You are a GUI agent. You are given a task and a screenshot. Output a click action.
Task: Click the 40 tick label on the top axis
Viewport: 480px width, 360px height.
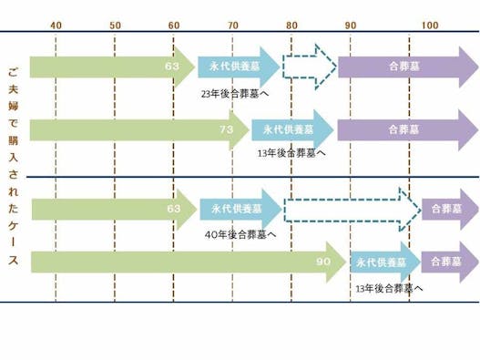[56, 24]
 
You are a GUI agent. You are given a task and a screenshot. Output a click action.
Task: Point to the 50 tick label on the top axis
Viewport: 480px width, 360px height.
[115, 24]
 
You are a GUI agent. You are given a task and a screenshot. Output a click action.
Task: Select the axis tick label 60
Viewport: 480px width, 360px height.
[174, 24]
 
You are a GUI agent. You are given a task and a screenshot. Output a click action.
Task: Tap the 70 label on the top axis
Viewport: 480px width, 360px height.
[232, 24]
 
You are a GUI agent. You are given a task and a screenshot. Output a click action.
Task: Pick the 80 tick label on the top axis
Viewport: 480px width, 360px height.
[291, 24]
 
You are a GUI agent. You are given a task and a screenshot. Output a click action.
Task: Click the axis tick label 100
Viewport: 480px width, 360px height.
[430, 24]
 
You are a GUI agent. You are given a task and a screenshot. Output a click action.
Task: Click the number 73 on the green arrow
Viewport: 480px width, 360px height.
[227, 130]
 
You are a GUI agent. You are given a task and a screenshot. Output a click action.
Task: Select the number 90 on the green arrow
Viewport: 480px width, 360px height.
[323, 262]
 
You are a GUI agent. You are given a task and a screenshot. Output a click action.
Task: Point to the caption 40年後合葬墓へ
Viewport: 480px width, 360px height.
[242, 234]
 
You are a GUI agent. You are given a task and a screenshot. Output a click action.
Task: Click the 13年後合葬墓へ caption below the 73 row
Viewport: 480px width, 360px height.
[291, 153]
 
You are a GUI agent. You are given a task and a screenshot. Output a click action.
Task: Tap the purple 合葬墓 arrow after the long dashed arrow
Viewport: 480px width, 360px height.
[449, 210]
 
